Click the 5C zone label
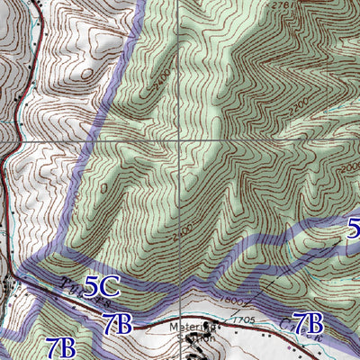102,287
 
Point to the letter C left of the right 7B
286,321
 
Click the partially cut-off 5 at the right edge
354,227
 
